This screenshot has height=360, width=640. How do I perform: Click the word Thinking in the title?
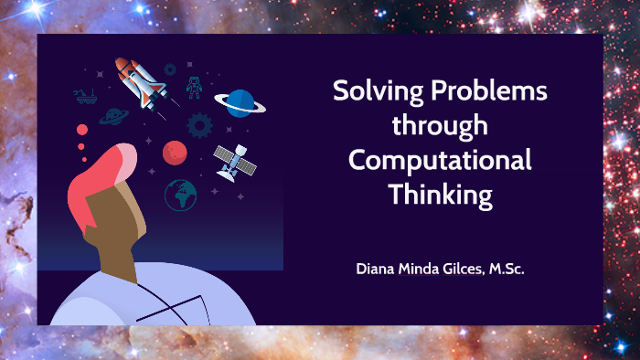pyautogui.click(x=440, y=194)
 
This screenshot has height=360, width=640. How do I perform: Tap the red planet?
pyautogui.click(x=175, y=152)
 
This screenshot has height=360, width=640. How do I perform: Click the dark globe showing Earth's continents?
pyautogui.click(x=180, y=194)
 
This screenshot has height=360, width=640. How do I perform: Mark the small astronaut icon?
pyautogui.click(x=194, y=87)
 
